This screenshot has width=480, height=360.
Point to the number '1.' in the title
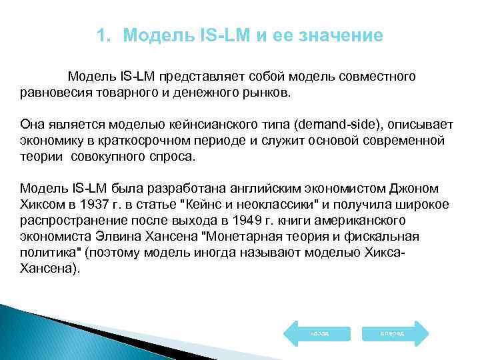coord(103,35)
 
